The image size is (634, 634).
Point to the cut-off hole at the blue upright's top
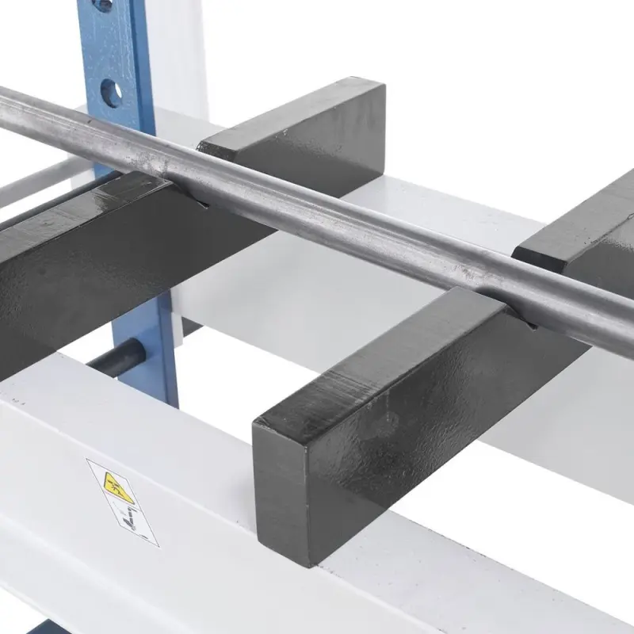pos(101,5)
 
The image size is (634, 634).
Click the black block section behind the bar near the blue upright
pos(301,127)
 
